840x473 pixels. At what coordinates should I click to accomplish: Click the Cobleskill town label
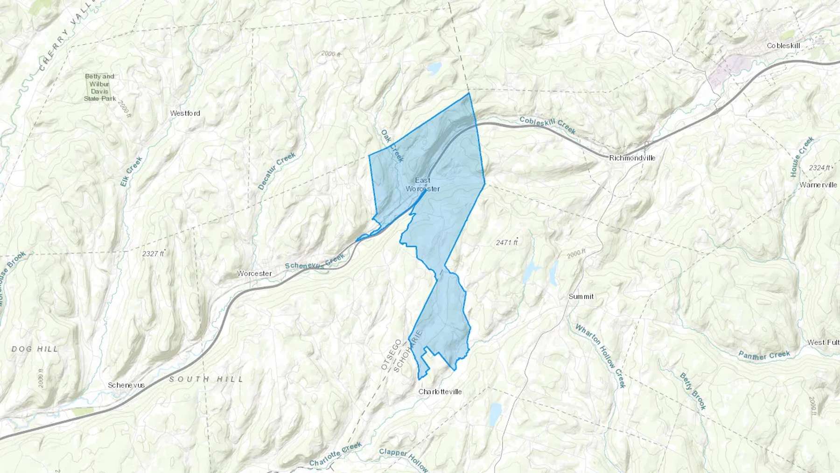[x=783, y=46]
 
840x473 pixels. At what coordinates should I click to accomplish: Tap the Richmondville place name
[x=632, y=158]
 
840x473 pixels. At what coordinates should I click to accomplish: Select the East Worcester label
[x=423, y=184]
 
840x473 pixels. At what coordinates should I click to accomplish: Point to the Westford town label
[x=185, y=113]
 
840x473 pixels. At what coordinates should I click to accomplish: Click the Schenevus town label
[x=126, y=385]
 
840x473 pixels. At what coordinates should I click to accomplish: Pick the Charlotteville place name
[x=440, y=392]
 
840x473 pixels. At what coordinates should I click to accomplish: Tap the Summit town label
[x=581, y=297]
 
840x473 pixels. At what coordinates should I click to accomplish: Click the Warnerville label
[x=818, y=185]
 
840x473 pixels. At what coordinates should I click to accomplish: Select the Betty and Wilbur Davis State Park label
[x=100, y=87]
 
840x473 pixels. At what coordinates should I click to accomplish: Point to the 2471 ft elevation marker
[x=507, y=242]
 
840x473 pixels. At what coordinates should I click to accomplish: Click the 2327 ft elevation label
[x=154, y=254]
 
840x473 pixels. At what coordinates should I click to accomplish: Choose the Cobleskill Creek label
[x=547, y=125]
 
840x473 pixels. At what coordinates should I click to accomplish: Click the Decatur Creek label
[x=277, y=171]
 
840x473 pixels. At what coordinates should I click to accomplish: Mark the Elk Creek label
[x=131, y=172]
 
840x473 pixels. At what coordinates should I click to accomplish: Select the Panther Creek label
[x=764, y=355]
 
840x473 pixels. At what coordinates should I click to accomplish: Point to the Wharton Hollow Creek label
[x=600, y=355]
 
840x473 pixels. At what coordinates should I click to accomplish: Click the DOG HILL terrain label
[x=35, y=349]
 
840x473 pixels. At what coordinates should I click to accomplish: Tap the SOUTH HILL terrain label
[x=206, y=379]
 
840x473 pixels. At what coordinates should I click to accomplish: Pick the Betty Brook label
[x=693, y=391]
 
